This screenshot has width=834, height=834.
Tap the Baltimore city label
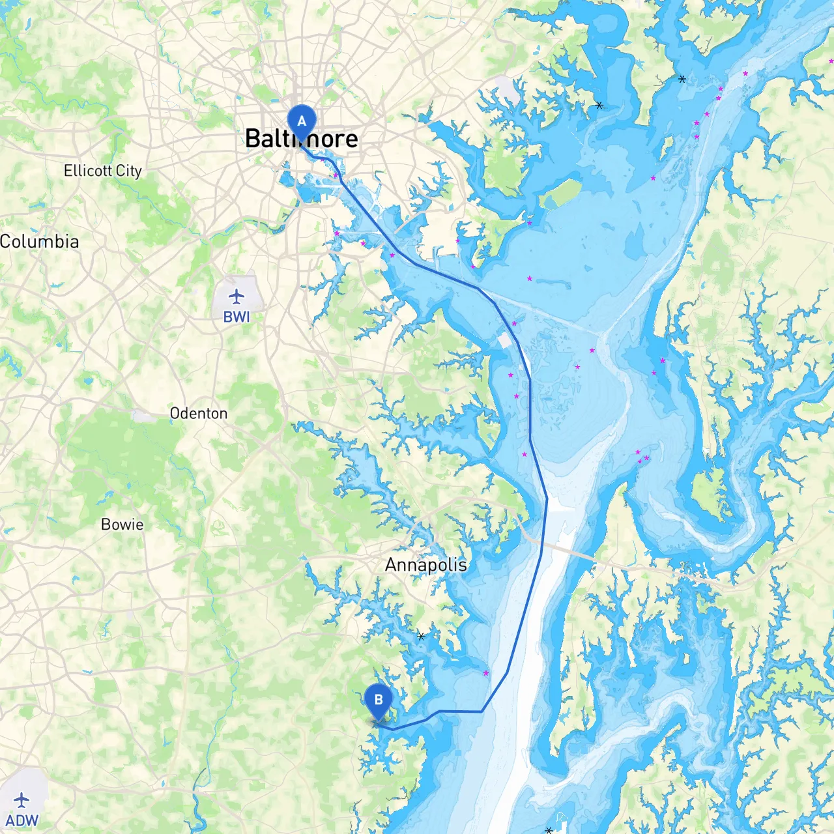[302, 139]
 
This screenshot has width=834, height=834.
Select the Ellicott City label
[103, 171]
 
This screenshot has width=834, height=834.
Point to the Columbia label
[39, 242]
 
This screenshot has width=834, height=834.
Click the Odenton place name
[199, 413]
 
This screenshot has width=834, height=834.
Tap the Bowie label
[122, 525]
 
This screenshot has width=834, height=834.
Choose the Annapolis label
[426, 565]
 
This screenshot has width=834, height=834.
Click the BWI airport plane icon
[237, 297]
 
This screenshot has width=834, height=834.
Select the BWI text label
[237, 317]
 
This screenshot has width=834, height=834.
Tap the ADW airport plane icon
[22, 799]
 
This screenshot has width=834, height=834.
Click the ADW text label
[22, 820]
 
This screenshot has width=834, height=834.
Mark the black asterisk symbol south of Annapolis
[422, 636]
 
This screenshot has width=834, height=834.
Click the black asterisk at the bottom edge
[549, 830]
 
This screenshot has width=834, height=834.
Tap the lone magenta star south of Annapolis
[486, 673]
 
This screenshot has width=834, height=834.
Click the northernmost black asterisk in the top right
[682, 79]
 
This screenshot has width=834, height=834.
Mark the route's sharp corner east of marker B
[482, 712]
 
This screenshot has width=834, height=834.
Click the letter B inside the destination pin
[379, 700]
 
